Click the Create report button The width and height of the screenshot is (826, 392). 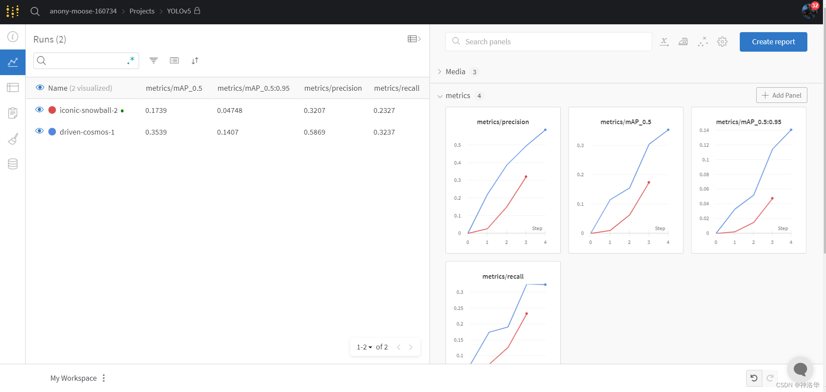click(773, 42)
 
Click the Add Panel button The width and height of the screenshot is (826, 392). click(781, 95)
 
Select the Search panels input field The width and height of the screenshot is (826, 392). click(555, 42)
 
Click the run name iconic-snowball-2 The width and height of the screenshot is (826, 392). click(88, 110)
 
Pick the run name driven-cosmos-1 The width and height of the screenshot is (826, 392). click(87, 132)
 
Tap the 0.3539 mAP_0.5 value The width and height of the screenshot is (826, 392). click(156, 132)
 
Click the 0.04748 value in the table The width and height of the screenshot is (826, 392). click(230, 110)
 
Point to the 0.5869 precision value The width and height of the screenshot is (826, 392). click(314, 132)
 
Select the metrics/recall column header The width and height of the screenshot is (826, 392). click(397, 88)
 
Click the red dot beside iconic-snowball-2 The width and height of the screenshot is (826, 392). click(52, 110)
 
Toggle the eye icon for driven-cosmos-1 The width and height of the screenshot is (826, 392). click(39, 131)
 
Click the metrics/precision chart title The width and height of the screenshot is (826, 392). click(503, 122)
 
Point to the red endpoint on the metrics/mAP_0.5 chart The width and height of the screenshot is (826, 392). click(649, 182)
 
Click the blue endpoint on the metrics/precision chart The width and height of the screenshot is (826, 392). click(545, 130)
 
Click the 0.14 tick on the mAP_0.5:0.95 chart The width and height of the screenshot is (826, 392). click(704, 130)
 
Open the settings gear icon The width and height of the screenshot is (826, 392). click(722, 42)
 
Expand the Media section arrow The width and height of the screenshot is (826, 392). click(439, 72)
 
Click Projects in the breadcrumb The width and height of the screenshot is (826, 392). click(142, 11)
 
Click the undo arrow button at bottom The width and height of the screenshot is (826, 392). click(754, 378)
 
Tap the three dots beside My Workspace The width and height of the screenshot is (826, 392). click(104, 378)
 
